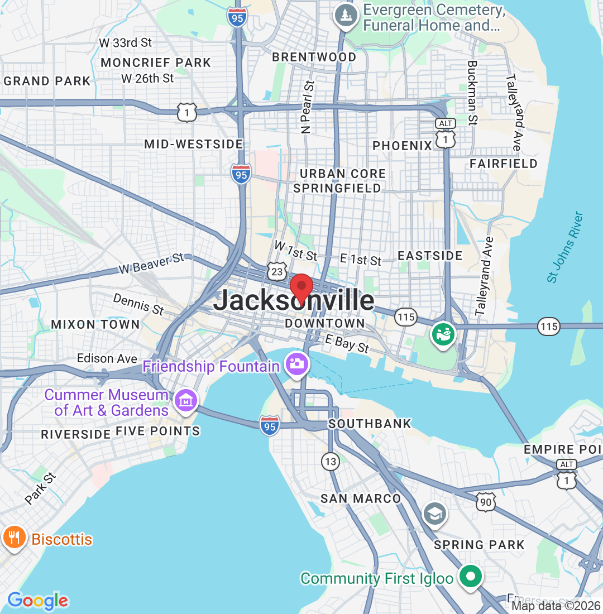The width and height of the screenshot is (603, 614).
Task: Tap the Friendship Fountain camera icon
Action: click(x=296, y=364)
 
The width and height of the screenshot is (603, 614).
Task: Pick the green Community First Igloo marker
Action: click(x=470, y=576)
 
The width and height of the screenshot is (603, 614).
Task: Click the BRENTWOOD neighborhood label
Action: click(x=314, y=57)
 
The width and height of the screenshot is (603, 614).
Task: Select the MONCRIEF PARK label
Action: click(x=156, y=63)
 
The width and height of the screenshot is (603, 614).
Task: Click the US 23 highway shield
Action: click(x=276, y=271)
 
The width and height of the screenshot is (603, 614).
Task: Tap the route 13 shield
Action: click(x=331, y=461)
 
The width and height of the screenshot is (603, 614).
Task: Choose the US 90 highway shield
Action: click(x=485, y=502)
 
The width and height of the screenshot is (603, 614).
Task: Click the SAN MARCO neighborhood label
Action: click(x=361, y=498)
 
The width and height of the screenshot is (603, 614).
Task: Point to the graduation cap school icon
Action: click(x=434, y=512)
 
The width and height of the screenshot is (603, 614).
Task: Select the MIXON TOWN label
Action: click(x=95, y=324)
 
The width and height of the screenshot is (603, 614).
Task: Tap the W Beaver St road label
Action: click(x=151, y=263)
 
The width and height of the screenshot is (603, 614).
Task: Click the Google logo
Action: click(x=38, y=601)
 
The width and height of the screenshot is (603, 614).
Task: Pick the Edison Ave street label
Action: click(x=107, y=358)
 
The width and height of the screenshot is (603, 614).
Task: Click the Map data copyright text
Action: click(x=556, y=606)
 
